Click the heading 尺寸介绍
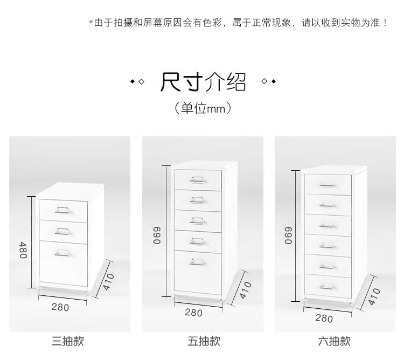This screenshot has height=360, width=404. tap(203, 82)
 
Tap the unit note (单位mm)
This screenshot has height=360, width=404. tap(203, 108)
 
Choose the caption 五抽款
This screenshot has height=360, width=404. tap(204, 341)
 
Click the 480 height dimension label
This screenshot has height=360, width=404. tap(23, 250)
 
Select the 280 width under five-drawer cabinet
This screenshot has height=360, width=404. tap(193, 313)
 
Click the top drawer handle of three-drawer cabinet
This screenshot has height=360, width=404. tap(63, 210)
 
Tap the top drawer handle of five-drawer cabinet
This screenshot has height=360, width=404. tap(197, 179)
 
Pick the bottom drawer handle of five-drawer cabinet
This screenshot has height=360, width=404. tap(197, 263)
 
